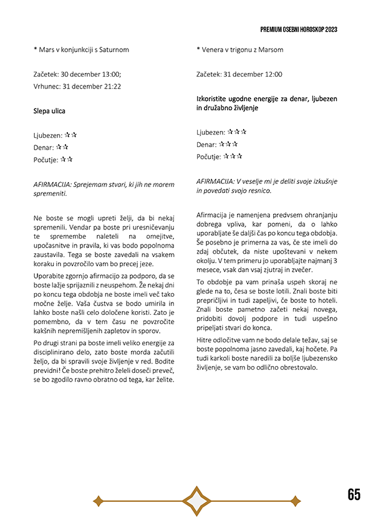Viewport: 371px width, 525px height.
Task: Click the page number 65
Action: [x=354, y=494]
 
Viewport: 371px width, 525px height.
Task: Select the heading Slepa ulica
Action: [x=49, y=111]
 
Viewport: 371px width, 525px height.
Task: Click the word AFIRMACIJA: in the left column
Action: [x=52, y=185]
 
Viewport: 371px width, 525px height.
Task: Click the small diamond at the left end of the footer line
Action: [x=97, y=500]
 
